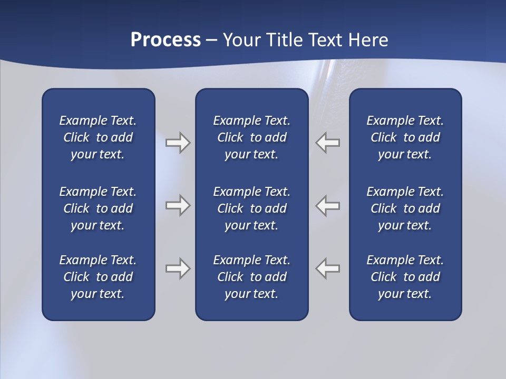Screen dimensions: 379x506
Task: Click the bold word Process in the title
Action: (166, 40)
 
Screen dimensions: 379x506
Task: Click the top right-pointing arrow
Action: (178, 143)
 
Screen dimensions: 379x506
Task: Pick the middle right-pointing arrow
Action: (178, 205)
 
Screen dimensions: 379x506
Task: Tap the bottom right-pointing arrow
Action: (178, 268)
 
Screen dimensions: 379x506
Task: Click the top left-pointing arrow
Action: (328, 143)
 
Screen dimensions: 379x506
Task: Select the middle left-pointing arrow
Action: (328, 205)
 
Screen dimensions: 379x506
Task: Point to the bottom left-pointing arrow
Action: (328, 268)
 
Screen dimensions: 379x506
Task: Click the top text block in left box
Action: (98, 137)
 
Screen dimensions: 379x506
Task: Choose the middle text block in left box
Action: (98, 208)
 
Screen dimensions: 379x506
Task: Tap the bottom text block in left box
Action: (98, 277)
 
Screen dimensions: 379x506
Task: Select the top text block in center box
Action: (251, 137)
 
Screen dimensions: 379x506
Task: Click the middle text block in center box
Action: (251, 208)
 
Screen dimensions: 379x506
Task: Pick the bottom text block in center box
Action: (251, 277)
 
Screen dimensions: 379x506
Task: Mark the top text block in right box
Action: (405, 137)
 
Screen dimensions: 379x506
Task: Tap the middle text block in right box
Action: (405, 208)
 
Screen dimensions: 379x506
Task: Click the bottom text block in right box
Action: (405, 277)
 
